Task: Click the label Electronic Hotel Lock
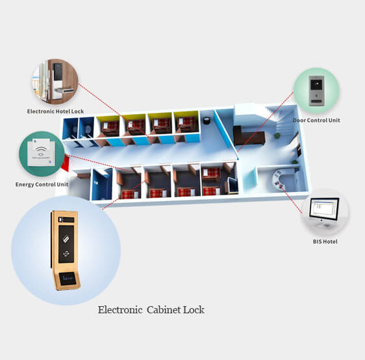tap(55, 112)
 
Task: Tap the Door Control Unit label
tap(316, 121)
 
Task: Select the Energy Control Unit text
tap(42, 184)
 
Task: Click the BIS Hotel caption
tap(325, 242)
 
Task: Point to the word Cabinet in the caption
tap(164, 310)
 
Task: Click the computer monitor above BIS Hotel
tap(324, 212)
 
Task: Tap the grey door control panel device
tap(316, 91)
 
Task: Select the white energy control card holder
tap(41, 152)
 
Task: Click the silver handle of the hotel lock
tap(64, 90)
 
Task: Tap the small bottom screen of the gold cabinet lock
tap(68, 278)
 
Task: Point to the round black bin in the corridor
tap(207, 121)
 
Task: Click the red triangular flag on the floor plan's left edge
tap(65, 163)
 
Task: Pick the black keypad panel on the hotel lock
tap(58, 71)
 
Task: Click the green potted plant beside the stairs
tap(277, 135)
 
